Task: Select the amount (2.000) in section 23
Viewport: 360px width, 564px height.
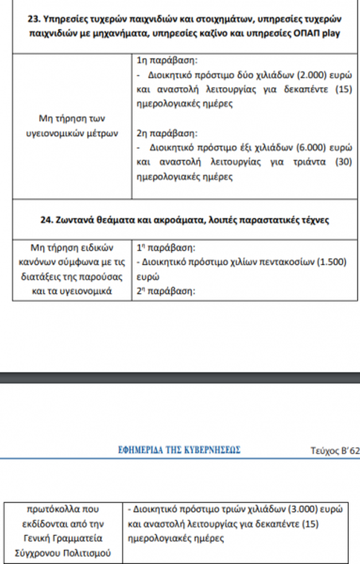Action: tap(302, 75)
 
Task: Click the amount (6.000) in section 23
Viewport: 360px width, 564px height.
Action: tap(302, 148)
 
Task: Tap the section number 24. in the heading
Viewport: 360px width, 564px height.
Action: tap(48, 220)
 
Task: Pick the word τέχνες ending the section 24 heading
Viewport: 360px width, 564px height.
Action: tap(313, 220)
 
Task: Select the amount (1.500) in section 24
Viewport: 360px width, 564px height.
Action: tap(332, 262)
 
